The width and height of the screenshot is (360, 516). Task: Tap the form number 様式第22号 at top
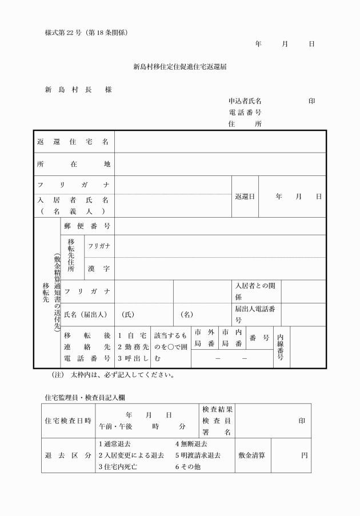pos(86,31)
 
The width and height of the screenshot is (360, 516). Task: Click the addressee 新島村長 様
pos(78,90)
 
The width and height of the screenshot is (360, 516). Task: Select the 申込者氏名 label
pos(245,101)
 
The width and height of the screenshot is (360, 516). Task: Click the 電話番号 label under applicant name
pos(245,113)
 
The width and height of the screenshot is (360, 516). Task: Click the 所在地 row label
pos(73,165)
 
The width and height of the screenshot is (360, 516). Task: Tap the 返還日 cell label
pos(245,197)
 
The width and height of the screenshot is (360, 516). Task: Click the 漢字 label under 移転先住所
pos(99,269)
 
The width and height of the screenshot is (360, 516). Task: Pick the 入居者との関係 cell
pos(255,291)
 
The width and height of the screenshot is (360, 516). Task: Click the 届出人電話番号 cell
pos(255,314)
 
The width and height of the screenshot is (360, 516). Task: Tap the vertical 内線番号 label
pos(281,346)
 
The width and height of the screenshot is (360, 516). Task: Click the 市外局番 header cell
pos(205,338)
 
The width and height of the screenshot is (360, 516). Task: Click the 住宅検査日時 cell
pos(68,421)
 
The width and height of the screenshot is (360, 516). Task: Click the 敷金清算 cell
pos(253,455)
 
